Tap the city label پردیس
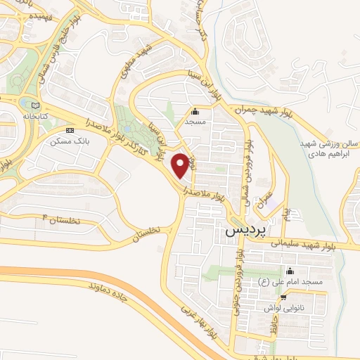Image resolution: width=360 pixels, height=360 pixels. [x=244, y=230]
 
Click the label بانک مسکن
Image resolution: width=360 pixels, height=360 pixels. [x=67, y=141]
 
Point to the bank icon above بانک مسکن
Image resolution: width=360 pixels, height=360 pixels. [x=69, y=131]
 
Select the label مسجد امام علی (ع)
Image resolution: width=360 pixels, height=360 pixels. [x=290, y=282]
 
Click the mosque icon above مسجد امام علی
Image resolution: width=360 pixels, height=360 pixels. [x=290, y=271]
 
